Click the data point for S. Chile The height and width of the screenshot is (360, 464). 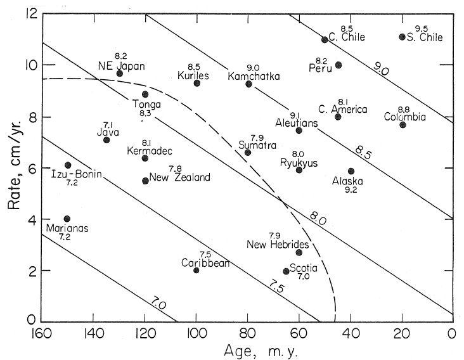[x=402, y=37]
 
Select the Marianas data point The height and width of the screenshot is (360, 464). [x=67, y=219]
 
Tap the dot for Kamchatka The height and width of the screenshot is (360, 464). [x=248, y=84]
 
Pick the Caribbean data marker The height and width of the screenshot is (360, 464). [x=197, y=270]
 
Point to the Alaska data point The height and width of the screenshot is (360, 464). [x=351, y=171]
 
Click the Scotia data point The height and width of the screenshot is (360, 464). [x=286, y=271]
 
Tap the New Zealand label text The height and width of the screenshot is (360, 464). [x=179, y=178]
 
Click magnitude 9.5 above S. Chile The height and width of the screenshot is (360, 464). [x=422, y=29]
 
